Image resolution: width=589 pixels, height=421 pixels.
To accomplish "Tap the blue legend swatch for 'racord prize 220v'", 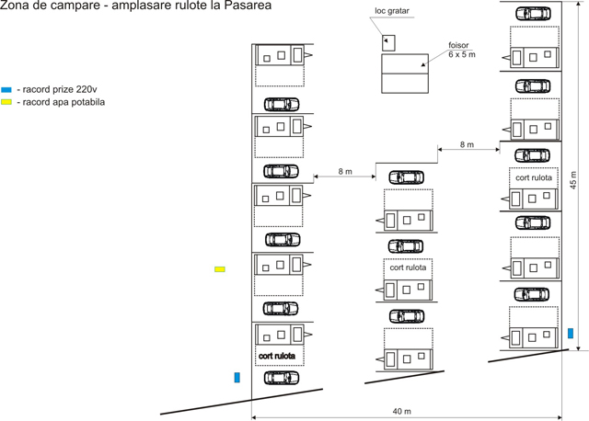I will (x=6, y=89).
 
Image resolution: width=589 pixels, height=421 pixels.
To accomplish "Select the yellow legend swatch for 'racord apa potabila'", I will (x=6, y=102).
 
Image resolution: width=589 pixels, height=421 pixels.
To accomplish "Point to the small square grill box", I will (x=387, y=42).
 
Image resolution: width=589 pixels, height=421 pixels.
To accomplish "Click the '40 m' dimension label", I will (x=401, y=410).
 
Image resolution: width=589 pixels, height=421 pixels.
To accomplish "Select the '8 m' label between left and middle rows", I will (x=345, y=171).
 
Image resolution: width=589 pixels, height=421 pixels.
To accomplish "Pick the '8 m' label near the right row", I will (x=467, y=144).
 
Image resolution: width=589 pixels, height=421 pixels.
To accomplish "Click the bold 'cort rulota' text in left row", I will (x=277, y=355).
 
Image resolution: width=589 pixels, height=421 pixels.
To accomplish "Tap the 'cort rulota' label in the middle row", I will (x=408, y=268).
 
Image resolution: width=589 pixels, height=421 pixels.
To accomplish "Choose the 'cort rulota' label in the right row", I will (x=534, y=177).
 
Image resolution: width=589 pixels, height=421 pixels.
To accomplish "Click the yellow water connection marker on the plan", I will (x=220, y=269).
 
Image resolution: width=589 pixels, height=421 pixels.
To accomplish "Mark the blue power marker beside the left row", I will (x=237, y=377).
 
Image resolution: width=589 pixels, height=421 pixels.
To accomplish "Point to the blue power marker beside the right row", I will (x=571, y=333).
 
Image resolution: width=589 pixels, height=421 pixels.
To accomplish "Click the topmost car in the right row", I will (x=533, y=14).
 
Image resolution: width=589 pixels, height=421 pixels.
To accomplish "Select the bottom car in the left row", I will (x=282, y=377).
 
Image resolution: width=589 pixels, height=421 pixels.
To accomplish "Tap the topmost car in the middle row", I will (x=406, y=177).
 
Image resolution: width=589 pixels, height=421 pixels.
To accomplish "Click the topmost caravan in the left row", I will (x=279, y=55).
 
